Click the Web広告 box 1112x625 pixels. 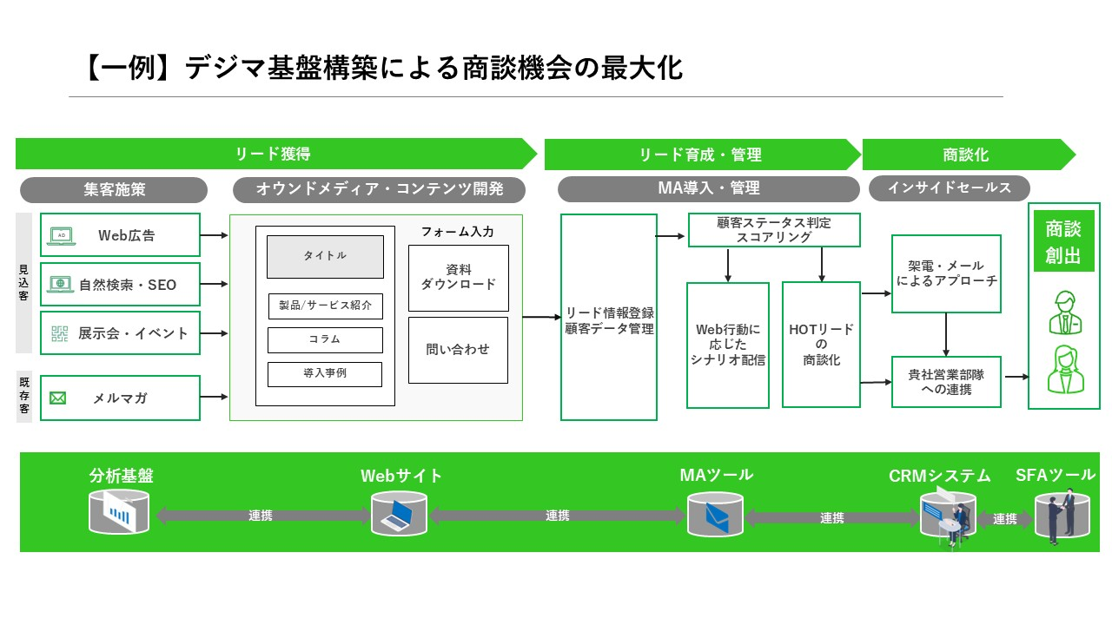pos(120,235)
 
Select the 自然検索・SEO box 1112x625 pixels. pos(120,284)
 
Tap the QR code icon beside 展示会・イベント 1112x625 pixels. pos(60,333)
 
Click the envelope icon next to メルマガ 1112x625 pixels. pos(58,398)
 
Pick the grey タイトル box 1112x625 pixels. pos(325,256)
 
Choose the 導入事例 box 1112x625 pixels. pos(325,374)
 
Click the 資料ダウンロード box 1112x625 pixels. pos(459,278)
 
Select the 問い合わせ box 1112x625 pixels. pos(459,350)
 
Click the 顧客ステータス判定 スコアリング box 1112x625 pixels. pos(774,230)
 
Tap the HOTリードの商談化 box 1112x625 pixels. pos(821,345)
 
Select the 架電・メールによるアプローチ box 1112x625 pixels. pos(946,273)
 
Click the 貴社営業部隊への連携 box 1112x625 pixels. pos(946,382)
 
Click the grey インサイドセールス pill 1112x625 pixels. pos(950,187)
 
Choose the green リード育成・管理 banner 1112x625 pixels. pos(700,155)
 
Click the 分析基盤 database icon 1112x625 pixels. pos(119,510)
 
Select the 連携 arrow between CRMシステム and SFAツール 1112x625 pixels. pos(1005,519)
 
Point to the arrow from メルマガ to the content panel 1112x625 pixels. pos(215,398)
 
